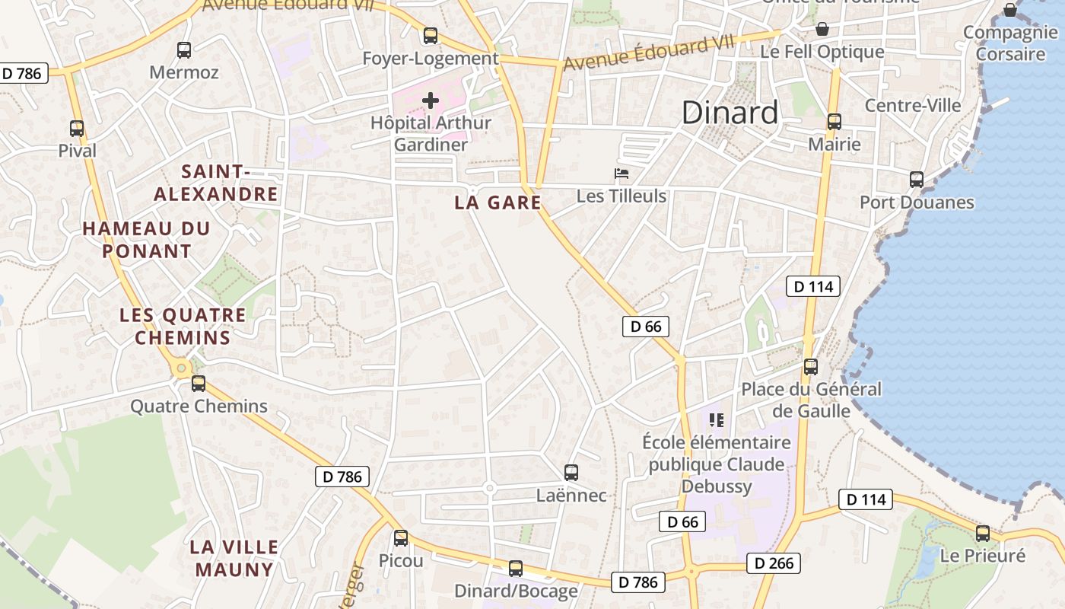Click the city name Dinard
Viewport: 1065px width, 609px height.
click(x=730, y=113)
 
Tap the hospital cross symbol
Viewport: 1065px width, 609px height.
click(x=431, y=100)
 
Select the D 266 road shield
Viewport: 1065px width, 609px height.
click(x=774, y=563)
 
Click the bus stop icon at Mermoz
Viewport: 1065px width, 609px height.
click(x=184, y=50)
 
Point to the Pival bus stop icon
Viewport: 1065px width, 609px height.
click(x=77, y=129)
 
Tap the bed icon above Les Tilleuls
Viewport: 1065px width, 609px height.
click(x=622, y=174)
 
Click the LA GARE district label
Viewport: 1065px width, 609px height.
click(x=498, y=202)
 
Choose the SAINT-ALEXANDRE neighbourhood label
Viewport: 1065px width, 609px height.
click(x=216, y=183)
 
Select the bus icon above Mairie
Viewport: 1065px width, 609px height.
click(x=835, y=122)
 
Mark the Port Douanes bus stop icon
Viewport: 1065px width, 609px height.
click(x=917, y=180)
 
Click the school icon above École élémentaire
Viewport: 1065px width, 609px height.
click(x=716, y=419)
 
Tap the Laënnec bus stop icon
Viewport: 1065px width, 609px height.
click(x=571, y=473)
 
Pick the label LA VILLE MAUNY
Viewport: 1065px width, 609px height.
click(x=234, y=558)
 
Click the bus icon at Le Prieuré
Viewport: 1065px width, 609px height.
click(x=983, y=534)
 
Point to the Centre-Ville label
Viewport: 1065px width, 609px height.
click(x=913, y=105)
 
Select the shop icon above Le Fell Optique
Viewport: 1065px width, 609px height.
click(x=822, y=30)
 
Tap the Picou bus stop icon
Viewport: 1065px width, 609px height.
click(x=401, y=538)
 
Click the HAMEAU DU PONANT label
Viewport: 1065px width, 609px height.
click(x=146, y=239)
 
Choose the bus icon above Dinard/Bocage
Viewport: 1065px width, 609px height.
click(x=516, y=569)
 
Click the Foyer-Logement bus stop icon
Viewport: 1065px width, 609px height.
click(x=431, y=36)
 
